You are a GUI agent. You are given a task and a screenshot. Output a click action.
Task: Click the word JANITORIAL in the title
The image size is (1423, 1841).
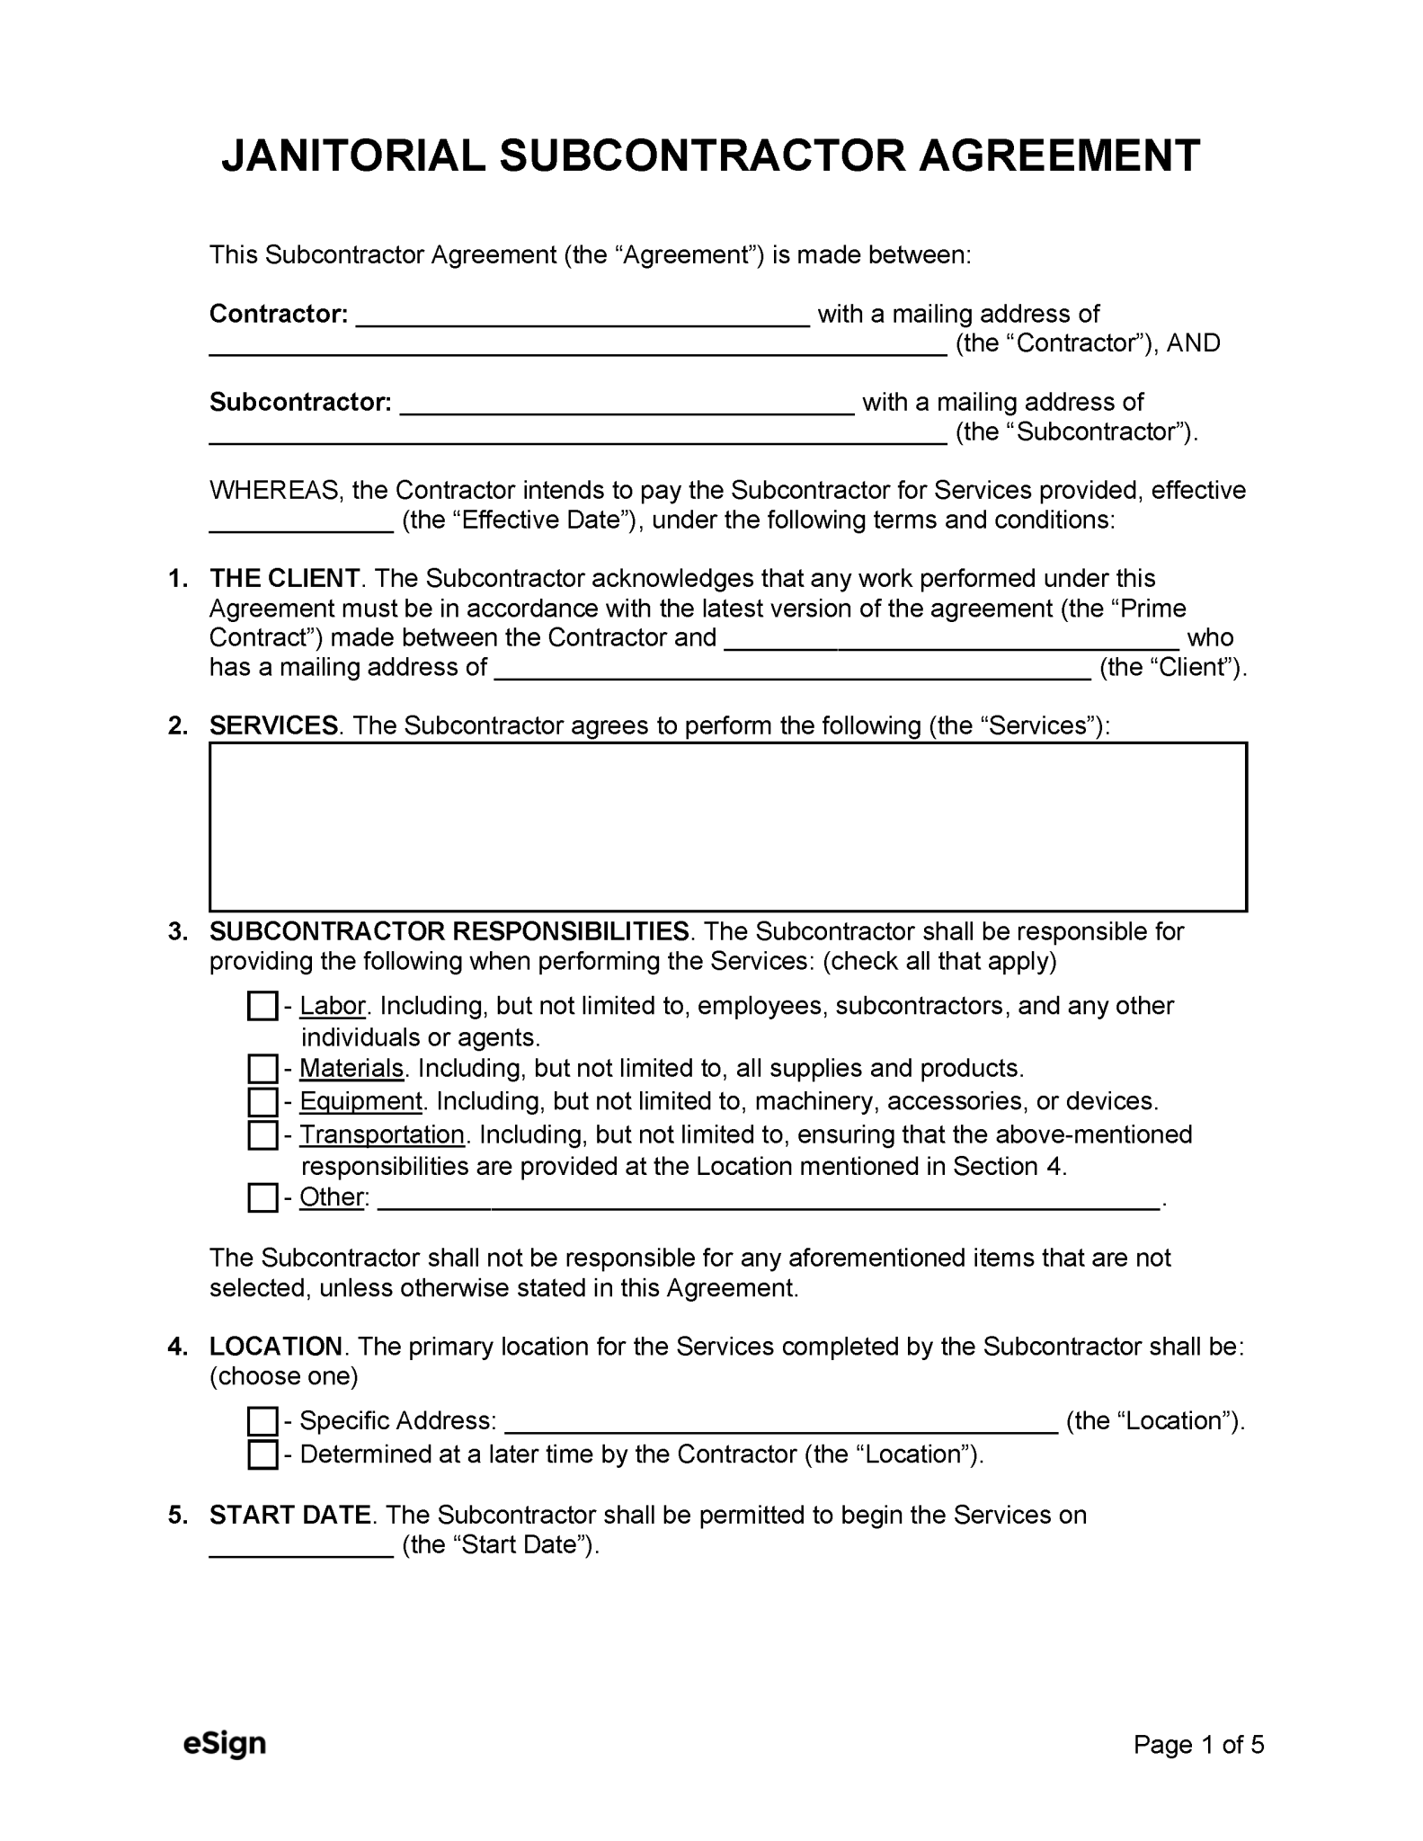click(353, 156)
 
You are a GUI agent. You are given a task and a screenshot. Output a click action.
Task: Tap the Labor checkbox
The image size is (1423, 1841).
click(262, 1006)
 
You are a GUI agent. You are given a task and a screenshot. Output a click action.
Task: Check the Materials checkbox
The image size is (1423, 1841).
click(262, 1069)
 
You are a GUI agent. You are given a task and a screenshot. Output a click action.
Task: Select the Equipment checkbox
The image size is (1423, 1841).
click(262, 1101)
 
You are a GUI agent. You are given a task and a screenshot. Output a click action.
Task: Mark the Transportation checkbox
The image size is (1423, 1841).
click(262, 1134)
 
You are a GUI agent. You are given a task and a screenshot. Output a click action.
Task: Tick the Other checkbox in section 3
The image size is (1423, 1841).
click(262, 1197)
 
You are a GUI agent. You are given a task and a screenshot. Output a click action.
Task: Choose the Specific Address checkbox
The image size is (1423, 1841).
click(262, 1421)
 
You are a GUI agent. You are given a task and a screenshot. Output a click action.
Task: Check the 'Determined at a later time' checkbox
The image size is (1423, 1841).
click(262, 1454)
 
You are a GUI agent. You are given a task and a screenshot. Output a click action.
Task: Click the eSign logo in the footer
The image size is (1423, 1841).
click(225, 1744)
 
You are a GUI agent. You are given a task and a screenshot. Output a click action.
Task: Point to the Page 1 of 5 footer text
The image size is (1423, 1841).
click(1198, 1745)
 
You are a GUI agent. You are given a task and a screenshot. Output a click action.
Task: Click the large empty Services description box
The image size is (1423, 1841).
click(727, 826)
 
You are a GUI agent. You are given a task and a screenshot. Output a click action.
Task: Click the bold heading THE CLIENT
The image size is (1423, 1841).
click(284, 578)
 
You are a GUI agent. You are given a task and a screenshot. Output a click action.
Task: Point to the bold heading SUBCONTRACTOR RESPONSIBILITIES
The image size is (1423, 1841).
click(449, 931)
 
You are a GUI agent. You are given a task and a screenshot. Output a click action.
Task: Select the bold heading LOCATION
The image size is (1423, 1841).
click(275, 1347)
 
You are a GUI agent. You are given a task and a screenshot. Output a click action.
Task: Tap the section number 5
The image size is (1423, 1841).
click(177, 1515)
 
